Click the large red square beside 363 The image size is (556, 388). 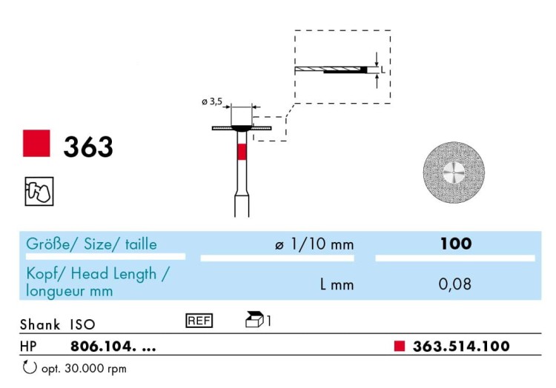point(36,144)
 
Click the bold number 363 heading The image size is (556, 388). point(88,147)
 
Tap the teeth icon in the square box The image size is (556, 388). point(39,191)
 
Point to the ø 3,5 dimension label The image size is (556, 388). point(212,102)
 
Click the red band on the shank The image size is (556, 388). point(242,152)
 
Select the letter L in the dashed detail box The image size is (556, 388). point(383,70)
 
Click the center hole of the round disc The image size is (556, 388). point(454,173)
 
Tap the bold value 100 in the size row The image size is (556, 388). point(456,244)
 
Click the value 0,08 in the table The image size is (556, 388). point(455,284)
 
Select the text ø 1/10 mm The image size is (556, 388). point(314,244)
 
